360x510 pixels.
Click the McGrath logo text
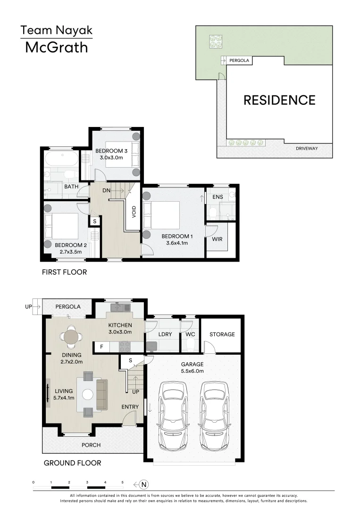[56, 47]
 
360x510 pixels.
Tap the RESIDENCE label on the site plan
[279, 100]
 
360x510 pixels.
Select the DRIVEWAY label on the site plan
[307, 148]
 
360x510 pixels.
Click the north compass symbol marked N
[144, 484]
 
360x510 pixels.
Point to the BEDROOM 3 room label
[111, 151]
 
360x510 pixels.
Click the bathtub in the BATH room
[62, 159]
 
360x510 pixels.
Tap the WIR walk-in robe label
[217, 239]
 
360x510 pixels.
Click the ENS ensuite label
[218, 196]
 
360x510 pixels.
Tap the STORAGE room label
[222, 334]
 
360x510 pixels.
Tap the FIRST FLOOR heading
[64, 272]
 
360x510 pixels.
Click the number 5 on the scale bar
[123, 482]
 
